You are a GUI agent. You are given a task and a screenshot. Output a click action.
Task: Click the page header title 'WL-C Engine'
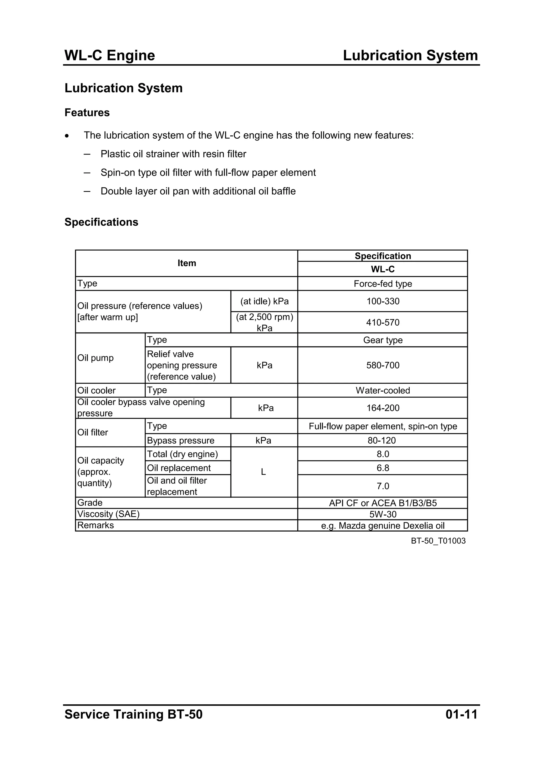click(x=110, y=55)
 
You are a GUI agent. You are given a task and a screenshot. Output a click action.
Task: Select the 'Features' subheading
click(x=87, y=113)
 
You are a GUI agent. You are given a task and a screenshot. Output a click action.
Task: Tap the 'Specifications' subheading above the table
click(x=101, y=222)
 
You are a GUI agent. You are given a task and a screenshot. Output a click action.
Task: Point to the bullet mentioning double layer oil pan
click(x=198, y=191)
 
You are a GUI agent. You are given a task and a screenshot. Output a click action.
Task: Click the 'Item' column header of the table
click(x=186, y=263)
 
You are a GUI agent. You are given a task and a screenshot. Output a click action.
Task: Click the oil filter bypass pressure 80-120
click(x=382, y=441)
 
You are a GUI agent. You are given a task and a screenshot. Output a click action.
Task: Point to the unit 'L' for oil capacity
click(x=263, y=472)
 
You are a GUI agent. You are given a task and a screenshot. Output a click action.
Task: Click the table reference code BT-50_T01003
click(x=438, y=541)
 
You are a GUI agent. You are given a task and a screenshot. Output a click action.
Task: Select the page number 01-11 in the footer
click(x=461, y=714)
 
